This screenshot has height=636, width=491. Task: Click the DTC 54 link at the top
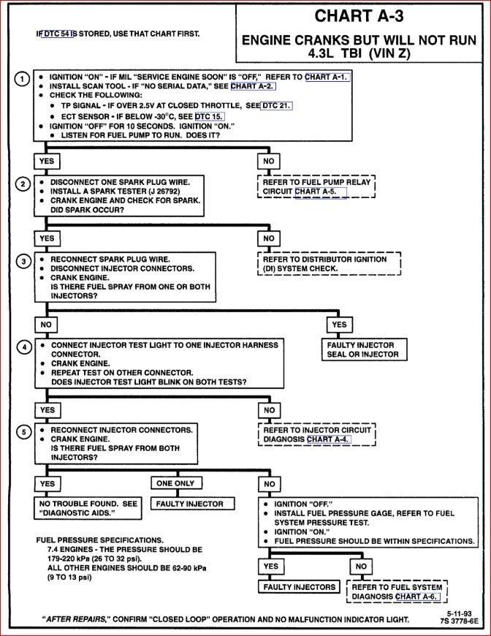(x=58, y=34)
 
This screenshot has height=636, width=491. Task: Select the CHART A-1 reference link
(x=327, y=77)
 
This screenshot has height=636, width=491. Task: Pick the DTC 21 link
(x=276, y=105)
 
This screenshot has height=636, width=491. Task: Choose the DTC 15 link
(x=210, y=116)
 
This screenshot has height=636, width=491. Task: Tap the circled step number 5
(x=23, y=432)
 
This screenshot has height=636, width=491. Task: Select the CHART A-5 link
(x=320, y=192)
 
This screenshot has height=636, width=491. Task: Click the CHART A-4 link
(x=329, y=439)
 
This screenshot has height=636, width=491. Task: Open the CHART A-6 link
(x=418, y=596)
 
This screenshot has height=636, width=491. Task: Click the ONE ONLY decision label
(x=175, y=483)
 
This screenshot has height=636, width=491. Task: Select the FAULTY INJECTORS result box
(x=300, y=586)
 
